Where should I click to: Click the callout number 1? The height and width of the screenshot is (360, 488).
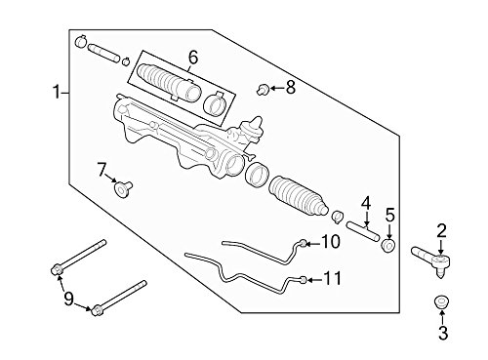[x=57, y=92]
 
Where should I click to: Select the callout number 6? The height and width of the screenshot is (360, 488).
[x=193, y=58]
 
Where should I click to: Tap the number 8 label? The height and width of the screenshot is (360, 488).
[x=291, y=88]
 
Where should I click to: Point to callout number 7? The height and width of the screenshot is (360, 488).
[x=102, y=170]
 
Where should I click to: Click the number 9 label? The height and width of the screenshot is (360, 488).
[x=68, y=299]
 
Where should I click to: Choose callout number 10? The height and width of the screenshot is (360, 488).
[x=331, y=242]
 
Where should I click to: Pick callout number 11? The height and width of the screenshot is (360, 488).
[x=333, y=279]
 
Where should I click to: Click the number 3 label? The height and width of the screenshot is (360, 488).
[x=443, y=333]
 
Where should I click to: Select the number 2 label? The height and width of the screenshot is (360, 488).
[x=441, y=231]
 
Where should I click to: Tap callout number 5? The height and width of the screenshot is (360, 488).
[x=389, y=216]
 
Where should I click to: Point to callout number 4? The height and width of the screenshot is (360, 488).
[x=366, y=204]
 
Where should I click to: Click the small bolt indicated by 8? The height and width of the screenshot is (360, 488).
[x=263, y=89]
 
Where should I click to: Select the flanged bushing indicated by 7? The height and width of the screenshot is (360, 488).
[x=123, y=189]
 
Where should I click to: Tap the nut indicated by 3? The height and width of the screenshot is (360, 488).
[x=441, y=302]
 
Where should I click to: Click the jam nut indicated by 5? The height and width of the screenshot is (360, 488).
[x=388, y=246]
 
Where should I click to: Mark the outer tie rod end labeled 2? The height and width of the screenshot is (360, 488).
[x=431, y=260]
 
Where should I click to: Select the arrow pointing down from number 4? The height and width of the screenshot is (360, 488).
[x=366, y=219]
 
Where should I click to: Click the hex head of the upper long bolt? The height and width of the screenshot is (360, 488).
[x=57, y=269]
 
